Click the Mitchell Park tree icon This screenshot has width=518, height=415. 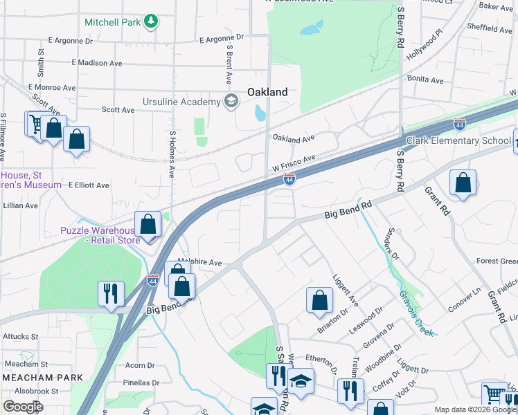pyautogui.click(x=150, y=21)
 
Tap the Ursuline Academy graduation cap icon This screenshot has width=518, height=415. pyautogui.click(x=231, y=102)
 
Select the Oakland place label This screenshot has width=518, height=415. pyautogui.click(x=267, y=92)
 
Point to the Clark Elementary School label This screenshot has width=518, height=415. pyautogui.click(x=458, y=140)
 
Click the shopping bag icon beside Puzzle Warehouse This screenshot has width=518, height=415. pyautogui.click(x=148, y=225)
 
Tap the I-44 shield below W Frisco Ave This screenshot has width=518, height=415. pyautogui.click(x=289, y=180)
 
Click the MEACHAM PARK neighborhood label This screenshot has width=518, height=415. pyautogui.click(x=42, y=377)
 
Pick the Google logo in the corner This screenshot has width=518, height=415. pyautogui.click(x=22, y=406)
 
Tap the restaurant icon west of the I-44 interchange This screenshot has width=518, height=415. pyautogui.click(x=111, y=294)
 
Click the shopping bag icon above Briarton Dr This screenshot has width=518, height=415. pyautogui.click(x=319, y=300)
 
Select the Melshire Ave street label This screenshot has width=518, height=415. pyautogui.click(x=200, y=262)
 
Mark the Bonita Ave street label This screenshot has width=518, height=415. pyautogui.click(x=425, y=80)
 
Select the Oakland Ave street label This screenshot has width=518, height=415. pyautogui.click(x=294, y=138)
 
